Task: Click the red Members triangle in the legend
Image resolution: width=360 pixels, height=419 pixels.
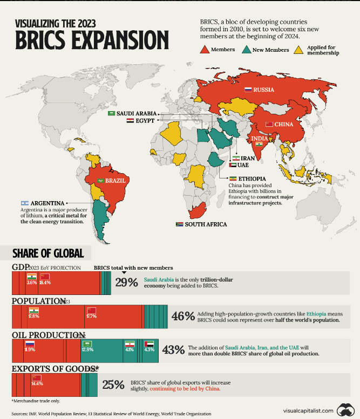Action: (x=206, y=50)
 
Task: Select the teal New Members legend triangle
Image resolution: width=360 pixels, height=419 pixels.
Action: (x=245, y=50)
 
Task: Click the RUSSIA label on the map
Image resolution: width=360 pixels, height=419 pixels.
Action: (x=264, y=90)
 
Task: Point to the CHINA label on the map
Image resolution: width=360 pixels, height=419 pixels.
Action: (x=283, y=125)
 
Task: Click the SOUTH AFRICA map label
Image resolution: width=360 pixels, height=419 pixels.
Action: (x=206, y=224)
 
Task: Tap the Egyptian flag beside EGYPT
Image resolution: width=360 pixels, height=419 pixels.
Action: (x=130, y=121)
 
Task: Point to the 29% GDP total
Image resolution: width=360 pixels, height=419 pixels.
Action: (x=126, y=283)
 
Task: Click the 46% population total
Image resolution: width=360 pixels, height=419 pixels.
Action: (x=182, y=316)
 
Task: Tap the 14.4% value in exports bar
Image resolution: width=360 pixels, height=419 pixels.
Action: (x=37, y=384)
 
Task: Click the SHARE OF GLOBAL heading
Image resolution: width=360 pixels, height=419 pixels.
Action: (x=47, y=253)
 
